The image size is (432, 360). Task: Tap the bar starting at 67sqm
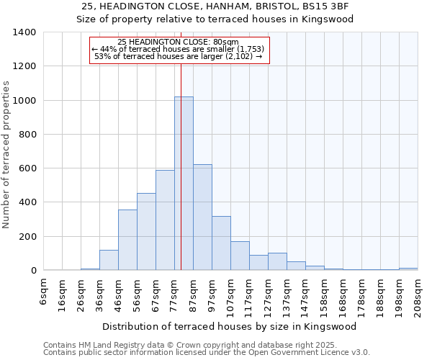point(165,220)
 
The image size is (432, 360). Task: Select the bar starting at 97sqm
point(221,243)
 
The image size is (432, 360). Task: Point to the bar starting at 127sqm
point(277,262)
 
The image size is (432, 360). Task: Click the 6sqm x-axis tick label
point(44,292)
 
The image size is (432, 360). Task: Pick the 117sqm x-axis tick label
point(250,294)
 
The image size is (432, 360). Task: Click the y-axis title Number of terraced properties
point(6,155)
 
